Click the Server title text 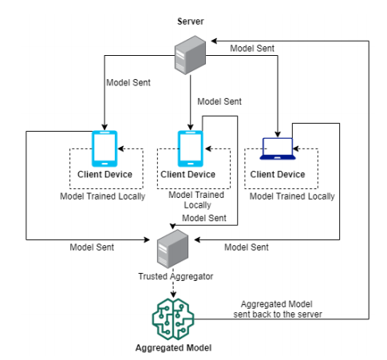tap(191, 22)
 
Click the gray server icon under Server tap(190, 55)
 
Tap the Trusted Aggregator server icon tap(172, 249)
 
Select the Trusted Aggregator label tap(176, 277)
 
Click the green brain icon tap(173, 319)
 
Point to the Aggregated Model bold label tap(173, 348)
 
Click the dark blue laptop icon tap(278, 148)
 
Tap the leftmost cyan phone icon tap(105, 148)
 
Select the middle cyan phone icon tap(191, 148)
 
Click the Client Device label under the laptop tap(278, 175)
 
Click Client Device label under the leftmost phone tap(105, 175)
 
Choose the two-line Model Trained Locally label tap(196, 200)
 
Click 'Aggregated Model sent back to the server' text tap(278, 309)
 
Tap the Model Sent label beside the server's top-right tap(252, 49)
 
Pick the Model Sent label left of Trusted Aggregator tap(92, 247)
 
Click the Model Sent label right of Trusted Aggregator tap(247, 247)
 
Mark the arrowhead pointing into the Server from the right tap(214, 41)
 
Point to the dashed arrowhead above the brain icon tap(173, 295)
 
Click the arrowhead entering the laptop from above tap(278, 134)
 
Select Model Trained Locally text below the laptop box tap(292, 196)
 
